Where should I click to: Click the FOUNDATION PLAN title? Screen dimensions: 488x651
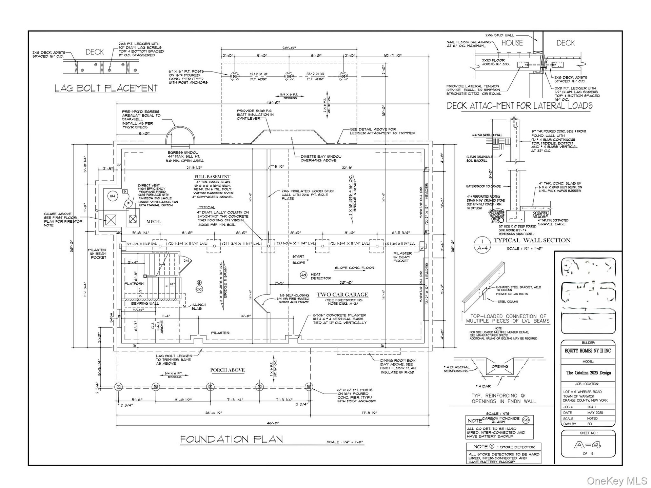(231, 440)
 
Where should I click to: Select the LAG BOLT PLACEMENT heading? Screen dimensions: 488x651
(106, 88)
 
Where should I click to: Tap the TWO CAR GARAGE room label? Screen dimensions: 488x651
(342, 295)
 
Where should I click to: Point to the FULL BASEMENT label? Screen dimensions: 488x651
(212, 177)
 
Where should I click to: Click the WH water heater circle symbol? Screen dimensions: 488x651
(112, 196)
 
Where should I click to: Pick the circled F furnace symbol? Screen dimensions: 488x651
(128, 204)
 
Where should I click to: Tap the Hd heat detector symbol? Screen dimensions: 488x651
(303, 275)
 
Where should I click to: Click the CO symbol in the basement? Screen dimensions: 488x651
(199, 289)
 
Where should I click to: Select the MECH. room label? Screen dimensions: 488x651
(153, 222)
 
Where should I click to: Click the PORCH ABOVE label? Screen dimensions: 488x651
(227, 370)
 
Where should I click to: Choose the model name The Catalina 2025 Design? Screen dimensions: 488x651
(588, 373)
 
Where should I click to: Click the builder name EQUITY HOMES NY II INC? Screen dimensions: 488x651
(588, 351)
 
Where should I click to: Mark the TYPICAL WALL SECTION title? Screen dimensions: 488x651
(532, 241)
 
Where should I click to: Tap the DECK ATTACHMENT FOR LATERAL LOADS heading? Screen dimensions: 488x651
(519, 106)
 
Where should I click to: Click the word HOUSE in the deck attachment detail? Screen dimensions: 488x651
(512, 43)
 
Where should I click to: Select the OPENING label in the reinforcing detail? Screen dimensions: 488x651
(500, 366)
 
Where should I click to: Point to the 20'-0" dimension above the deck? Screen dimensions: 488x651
(289, 48)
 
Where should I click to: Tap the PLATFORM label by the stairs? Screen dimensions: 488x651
(134, 284)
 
